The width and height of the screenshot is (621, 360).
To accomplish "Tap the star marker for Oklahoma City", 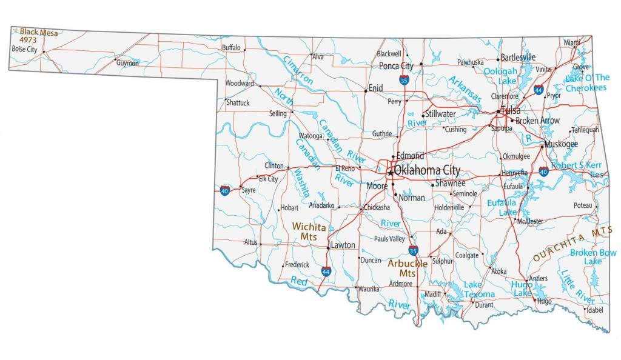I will coord(390,172).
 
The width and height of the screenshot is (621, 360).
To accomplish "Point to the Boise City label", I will coord(24,49).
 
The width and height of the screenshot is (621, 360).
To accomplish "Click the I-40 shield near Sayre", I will coord(224,190).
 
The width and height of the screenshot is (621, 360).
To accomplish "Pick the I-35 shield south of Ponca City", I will coord(404,79).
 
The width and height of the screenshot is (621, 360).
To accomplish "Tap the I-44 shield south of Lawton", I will coord(326,272).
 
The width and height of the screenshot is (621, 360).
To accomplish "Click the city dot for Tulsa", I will coord(498,112).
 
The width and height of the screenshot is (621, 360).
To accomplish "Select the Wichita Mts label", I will coord(309,232).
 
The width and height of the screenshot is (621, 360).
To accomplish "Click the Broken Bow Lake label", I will coord(592,256).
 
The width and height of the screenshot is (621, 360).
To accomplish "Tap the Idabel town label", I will coord(594,310).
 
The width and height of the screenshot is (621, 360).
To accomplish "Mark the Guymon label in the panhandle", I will coord(127,63).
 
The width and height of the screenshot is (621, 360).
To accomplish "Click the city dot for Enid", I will coord(366,92).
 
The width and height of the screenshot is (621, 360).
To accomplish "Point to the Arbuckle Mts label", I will coord(408,268).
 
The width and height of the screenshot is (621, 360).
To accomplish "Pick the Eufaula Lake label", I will coord(502,207).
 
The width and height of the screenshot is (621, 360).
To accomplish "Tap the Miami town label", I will coord(572,42).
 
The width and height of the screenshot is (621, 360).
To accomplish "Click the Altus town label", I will coord(250,242).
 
